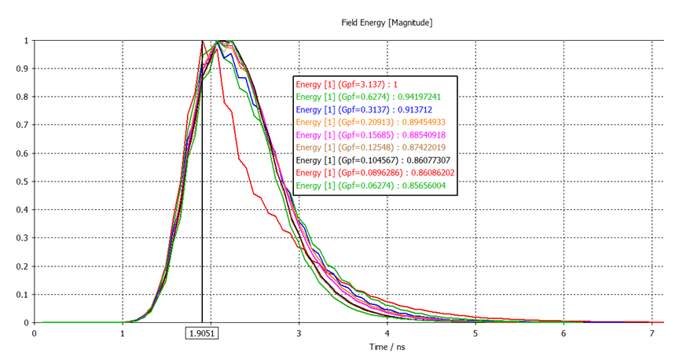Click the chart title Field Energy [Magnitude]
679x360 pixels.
coord(386,23)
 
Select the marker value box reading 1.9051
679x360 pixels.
coord(201,332)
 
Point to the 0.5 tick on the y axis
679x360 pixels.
coord(25,182)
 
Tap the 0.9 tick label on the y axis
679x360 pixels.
coord(25,68)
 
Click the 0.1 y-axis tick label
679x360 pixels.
coord(25,295)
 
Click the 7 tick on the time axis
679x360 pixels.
coord(652,332)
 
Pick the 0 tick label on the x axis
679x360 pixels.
coord(35,332)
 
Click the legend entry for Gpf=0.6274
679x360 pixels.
coord(373,97)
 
